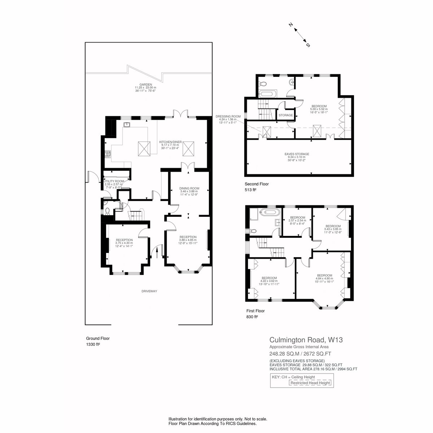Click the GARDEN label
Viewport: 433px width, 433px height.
(x=145, y=84)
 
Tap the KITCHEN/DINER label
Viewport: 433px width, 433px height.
(x=170, y=142)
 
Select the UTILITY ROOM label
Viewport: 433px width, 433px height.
(x=114, y=181)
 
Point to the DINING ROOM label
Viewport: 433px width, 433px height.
(x=189, y=188)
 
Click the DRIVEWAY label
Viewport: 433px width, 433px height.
(x=149, y=291)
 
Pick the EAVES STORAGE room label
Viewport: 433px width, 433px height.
(x=297, y=154)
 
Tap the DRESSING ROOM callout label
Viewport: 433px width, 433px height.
(x=228, y=117)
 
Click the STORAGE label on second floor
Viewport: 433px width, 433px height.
(x=285, y=115)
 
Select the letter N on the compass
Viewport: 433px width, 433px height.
(x=291, y=25)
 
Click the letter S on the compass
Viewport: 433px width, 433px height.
(x=308, y=45)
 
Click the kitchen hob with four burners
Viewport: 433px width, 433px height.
(x=108, y=154)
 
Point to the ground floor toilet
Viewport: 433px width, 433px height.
(x=108, y=211)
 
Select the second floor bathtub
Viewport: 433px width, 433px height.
(x=268, y=93)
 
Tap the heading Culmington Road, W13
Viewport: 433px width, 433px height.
(x=306, y=340)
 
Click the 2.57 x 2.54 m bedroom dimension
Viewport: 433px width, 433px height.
(x=297, y=220)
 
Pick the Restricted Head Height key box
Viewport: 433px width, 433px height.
(x=310, y=383)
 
